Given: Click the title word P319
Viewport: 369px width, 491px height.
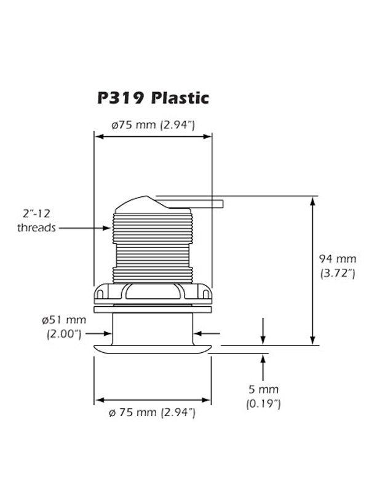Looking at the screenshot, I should [x=119, y=98].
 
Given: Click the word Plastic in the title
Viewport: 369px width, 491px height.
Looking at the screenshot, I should [x=181, y=98].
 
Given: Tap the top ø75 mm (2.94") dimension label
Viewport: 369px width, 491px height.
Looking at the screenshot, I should [x=153, y=125].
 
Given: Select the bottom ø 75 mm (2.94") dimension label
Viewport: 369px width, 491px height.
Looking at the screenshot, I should [x=153, y=412].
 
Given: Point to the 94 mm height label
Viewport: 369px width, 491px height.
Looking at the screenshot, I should [x=338, y=259].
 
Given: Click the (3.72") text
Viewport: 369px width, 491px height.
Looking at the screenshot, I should [x=338, y=274].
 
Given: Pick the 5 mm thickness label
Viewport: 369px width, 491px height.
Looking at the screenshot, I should [x=263, y=389].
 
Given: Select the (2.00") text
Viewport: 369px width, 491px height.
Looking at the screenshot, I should [x=65, y=334].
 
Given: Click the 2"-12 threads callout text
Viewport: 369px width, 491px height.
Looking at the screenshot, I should [x=37, y=221].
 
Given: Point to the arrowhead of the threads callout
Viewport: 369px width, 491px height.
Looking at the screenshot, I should [x=109, y=228].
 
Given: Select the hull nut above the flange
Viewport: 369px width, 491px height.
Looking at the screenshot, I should [x=153, y=293].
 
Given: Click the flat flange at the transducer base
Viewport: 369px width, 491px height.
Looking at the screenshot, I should [x=153, y=348].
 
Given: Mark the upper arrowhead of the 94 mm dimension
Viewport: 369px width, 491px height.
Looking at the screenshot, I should [x=314, y=200].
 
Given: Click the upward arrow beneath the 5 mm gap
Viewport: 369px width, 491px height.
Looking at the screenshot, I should [x=263, y=357].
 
